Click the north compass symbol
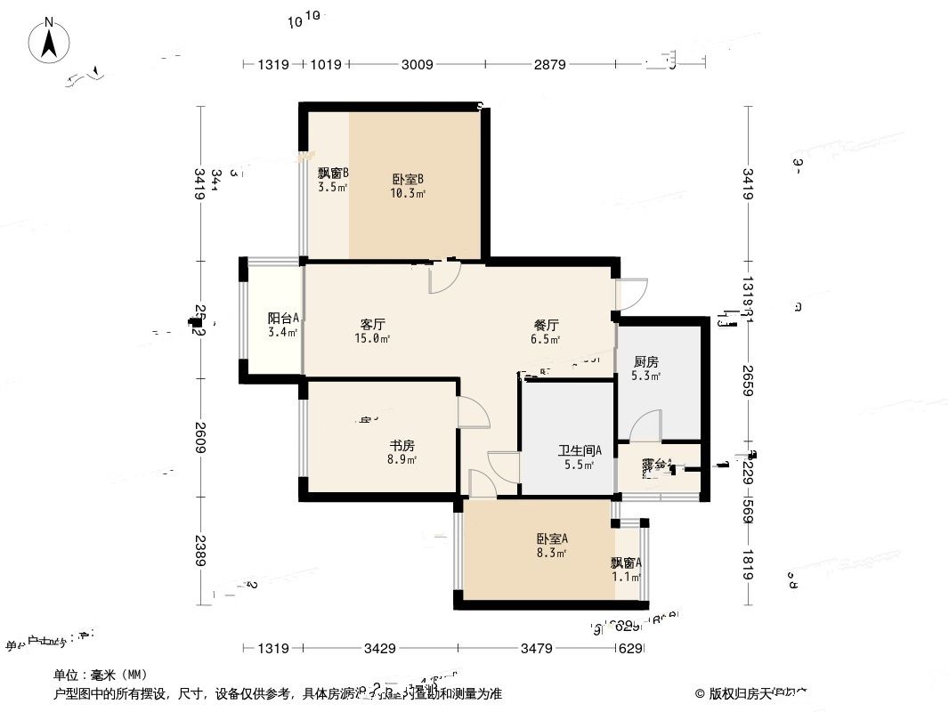(50, 41)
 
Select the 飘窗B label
(333, 174)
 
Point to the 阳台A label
(283, 318)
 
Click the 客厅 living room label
(372, 324)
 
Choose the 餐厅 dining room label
(545, 325)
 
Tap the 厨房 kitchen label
(646, 361)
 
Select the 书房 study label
(401, 445)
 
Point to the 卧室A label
(552, 538)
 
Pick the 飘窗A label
(626, 562)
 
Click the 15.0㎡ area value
(374, 338)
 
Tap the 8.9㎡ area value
(402, 459)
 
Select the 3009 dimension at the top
(417, 64)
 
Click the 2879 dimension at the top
(550, 64)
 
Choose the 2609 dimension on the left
(201, 436)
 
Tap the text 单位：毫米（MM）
(100, 675)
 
